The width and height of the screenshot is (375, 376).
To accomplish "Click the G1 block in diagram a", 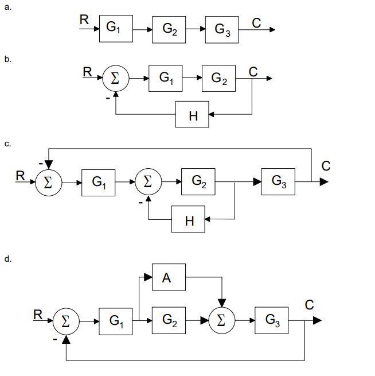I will (x=116, y=28).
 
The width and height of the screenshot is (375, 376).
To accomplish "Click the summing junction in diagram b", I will (x=115, y=79).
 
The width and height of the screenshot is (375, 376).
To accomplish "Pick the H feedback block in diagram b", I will (x=193, y=115).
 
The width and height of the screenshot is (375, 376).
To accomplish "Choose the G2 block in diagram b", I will (x=218, y=79).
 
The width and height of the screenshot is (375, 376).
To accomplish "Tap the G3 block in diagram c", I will (x=278, y=182).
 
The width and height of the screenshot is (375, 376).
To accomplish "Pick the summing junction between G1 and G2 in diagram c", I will (x=148, y=182).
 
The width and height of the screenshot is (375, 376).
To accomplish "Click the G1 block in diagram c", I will (x=99, y=182).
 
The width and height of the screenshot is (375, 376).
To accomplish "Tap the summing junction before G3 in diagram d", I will (x=223, y=320).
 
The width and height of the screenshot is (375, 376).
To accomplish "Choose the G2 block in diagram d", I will (x=168, y=320).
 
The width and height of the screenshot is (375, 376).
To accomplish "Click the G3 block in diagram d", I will (x=272, y=320).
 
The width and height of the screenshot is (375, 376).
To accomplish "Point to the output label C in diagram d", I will (x=309, y=305).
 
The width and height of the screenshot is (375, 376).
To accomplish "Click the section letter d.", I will (x=8, y=259).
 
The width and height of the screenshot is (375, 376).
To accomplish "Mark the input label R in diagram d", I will (x=38, y=314).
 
